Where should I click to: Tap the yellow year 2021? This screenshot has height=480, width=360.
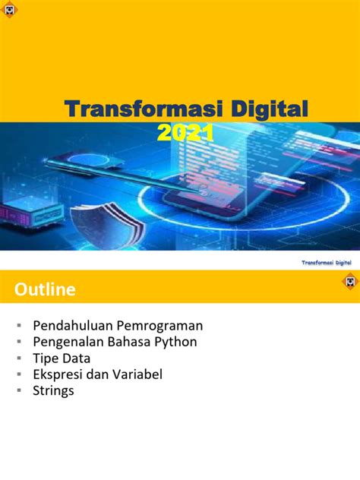point(185,134)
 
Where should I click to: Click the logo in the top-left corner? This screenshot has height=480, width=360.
point(10,11)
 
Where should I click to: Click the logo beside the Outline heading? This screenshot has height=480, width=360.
point(349,283)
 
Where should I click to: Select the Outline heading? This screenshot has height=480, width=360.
point(44,289)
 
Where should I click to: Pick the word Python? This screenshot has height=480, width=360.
point(175,342)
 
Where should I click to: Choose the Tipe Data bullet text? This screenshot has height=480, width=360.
point(62,358)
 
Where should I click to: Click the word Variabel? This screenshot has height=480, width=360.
point(137,374)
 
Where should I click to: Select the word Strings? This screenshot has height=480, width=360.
point(53,391)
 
